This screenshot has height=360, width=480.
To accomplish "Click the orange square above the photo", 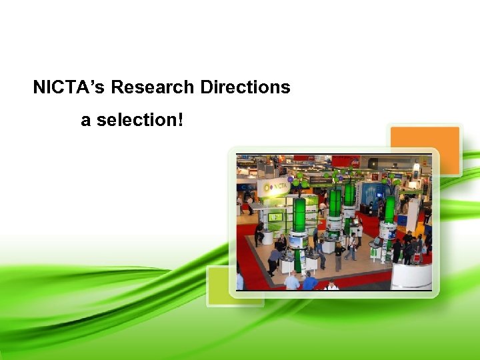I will pos(425,148).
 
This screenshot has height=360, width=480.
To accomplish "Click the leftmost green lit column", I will pos(300,215).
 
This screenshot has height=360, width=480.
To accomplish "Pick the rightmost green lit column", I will pos(389,209).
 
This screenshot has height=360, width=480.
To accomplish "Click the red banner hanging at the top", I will pos(345,161).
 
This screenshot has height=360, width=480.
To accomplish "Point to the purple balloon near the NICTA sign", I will pos(291,179).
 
